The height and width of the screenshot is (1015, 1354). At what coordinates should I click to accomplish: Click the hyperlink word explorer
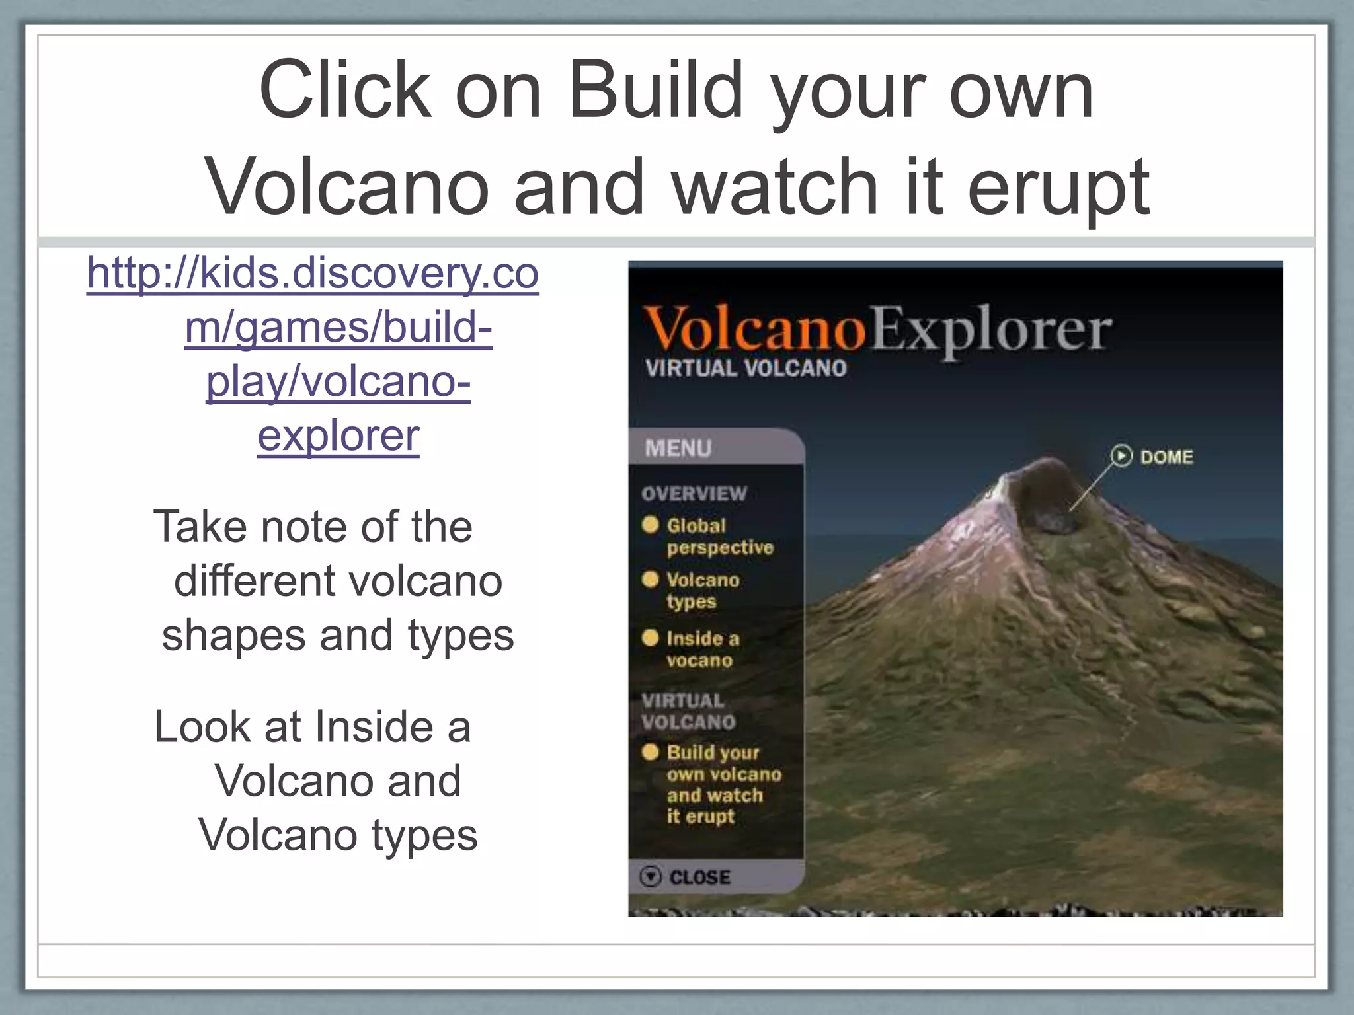[x=338, y=436]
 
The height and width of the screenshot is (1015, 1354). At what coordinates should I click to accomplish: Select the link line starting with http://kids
[x=313, y=273]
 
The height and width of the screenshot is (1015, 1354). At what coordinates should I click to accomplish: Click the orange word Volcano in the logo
[x=754, y=328]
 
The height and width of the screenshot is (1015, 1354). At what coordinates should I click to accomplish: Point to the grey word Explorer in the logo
[x=990, y=330]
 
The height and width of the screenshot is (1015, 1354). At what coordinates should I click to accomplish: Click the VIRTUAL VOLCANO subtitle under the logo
[x=746, y=369]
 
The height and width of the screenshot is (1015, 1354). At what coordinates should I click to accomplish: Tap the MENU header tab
[x=678, y=449]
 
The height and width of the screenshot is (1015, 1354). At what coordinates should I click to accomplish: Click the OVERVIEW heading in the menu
[x=694, y=494]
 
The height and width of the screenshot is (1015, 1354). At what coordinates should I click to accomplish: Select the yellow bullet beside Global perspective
[x=651, y=525]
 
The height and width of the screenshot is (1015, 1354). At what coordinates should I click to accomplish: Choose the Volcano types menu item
[x=702, y=590]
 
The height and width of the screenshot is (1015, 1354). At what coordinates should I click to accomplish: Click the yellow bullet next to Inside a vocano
[x=651, y=638]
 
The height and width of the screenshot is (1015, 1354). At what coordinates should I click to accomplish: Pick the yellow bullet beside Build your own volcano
[x=651, y=752]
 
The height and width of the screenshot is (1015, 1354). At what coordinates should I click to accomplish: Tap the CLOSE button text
[x=699, y=878]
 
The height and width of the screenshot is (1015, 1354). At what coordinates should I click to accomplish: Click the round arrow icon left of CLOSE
[x=651, y=877]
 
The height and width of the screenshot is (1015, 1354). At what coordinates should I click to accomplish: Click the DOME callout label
[x=1166, y=457]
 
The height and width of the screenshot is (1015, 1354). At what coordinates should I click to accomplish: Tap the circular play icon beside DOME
[x=1121, y=456]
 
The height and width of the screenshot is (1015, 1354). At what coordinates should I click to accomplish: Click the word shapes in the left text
[x=233, y=635]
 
